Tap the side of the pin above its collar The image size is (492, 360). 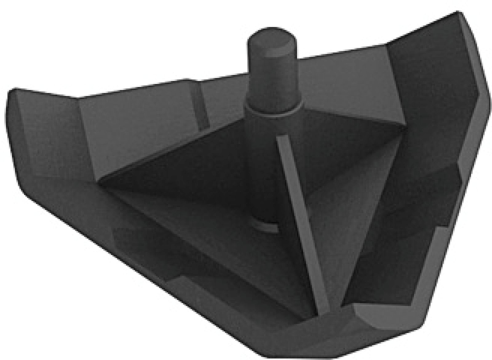(271, 80)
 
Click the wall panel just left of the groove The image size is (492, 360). (138, 123)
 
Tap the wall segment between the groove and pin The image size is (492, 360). (224, 98)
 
